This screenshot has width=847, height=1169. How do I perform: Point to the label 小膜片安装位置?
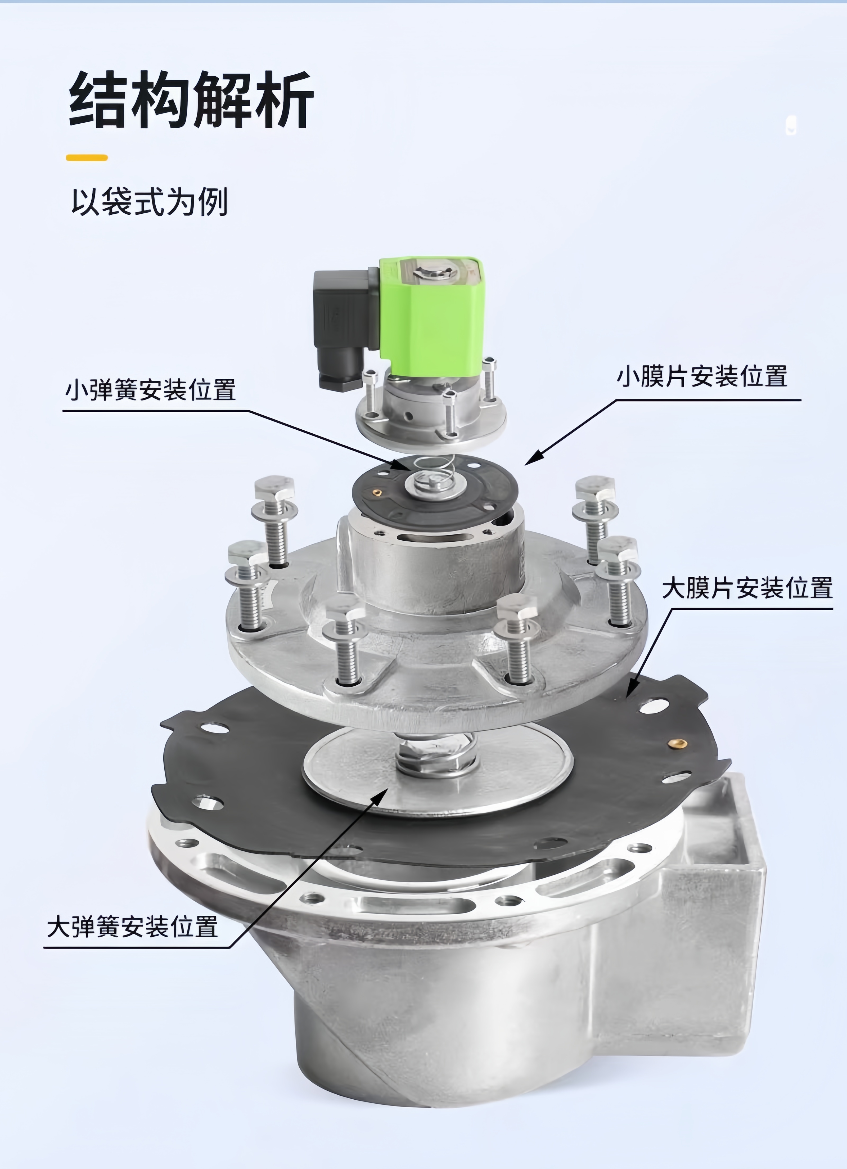pos(702,376)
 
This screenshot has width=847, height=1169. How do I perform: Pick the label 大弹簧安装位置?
pos(133,926)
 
